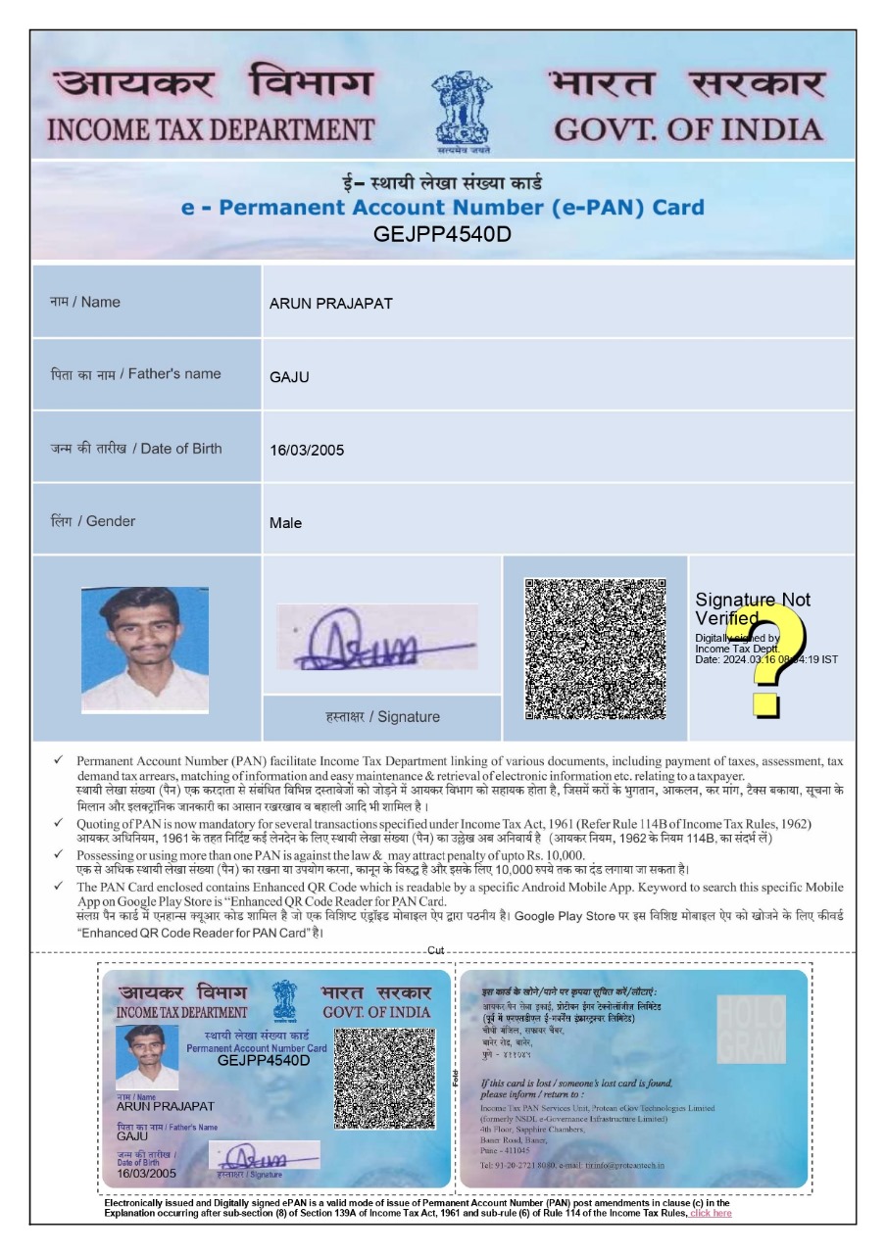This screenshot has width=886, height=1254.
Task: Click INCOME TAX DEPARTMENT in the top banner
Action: pyautogui.click(x=210, y=129)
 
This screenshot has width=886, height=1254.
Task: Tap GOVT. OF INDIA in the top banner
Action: pyautogui.click(x=687, y=129)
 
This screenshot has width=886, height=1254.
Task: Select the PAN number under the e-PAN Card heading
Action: pyautogui.click(x=443, y=234)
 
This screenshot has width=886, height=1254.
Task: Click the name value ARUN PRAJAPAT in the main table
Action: pyautogui.click(x=330, y=304)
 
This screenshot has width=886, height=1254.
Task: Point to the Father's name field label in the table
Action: pyautogui.click(x=136, y=374)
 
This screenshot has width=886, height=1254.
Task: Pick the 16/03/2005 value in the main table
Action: pyautogui.click(x=307, y=451)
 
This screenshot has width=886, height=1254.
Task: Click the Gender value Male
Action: pyautogui.click(x=285, y=523)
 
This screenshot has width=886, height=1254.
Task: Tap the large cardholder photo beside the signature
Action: pyautogui.click(x=145, y=649)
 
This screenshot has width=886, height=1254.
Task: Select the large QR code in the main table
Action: pyautogui.click(x=595, y=650)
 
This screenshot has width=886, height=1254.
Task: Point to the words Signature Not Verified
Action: pyautogui.click(x=752, y=608)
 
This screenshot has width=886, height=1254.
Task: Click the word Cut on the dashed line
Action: pyautogui.click(x=436, y=951)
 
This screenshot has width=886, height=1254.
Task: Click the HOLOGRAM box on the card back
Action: pyautogui.click(x=751, y=1030)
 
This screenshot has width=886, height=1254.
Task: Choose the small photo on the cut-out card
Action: pyautogui.click(x=147, y=1057)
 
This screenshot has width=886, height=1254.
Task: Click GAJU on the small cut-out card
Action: pyautogui.click(x=132, y=1137)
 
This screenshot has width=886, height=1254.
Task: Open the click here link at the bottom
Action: pyautogui.click(x=711, y=1214)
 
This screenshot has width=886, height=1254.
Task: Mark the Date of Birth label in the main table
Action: pyautogui.click(x=136, y=449)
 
